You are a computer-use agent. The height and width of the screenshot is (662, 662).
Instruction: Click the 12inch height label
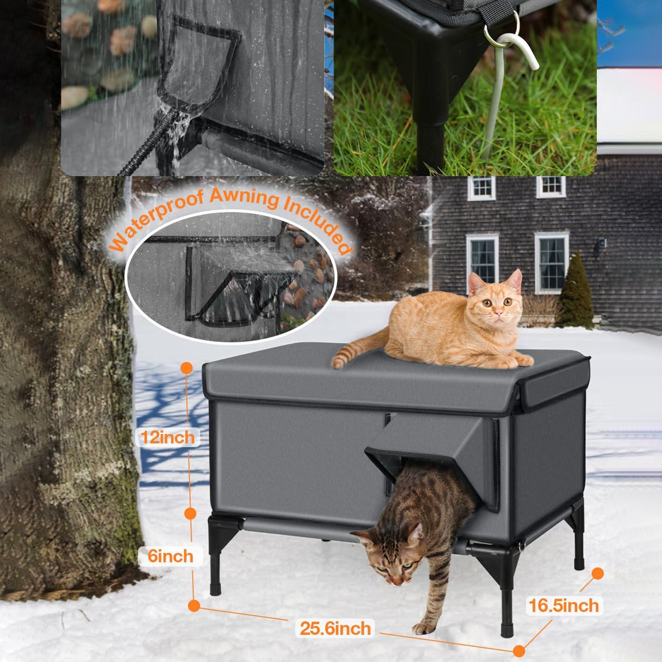pyautogui.click(x=168, y=437)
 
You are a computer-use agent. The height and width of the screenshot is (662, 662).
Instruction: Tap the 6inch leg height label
pyautogui.click(x=170, y=556)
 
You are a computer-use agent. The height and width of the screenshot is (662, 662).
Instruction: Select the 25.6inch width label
pyautogui.click(x=335, y=628)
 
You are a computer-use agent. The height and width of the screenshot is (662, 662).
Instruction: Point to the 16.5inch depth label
pyautogui.click(x=564, y=606)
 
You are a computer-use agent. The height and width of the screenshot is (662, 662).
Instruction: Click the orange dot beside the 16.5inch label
pyautogui.click(x=598, y=573)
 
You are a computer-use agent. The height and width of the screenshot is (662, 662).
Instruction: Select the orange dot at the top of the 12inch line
pyautogui.click(x=187, y=367)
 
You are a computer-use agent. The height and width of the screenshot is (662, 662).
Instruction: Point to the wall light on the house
pyautogui.click(x=602, y=242)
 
